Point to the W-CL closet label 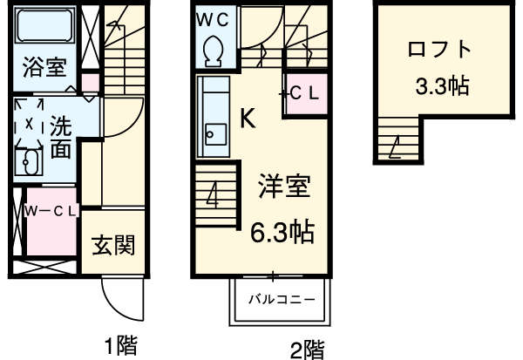pos(51,210)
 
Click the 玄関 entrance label pos(113,245)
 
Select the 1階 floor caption pos(121,346)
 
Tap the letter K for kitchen pos(248,119)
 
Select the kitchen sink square pos(214,134)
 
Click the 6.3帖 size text pos(282,232)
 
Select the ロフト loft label pos(440,50)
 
